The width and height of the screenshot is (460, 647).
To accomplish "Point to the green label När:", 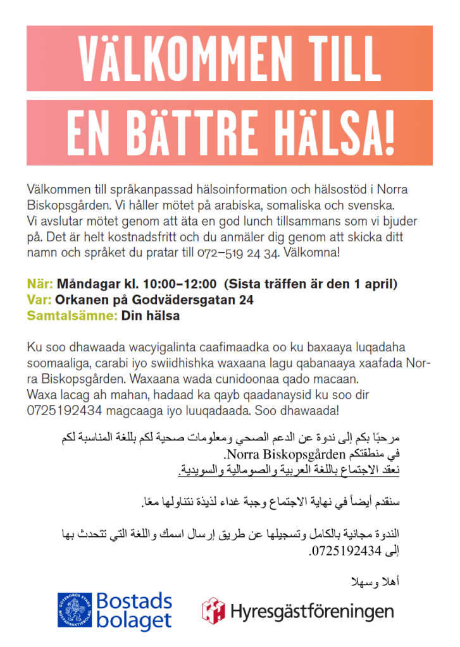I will [x=40, y=284].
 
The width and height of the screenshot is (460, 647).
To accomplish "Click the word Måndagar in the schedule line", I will [x=86, y=284].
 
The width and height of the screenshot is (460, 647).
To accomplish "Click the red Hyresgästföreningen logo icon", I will [x=213, y=611].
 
